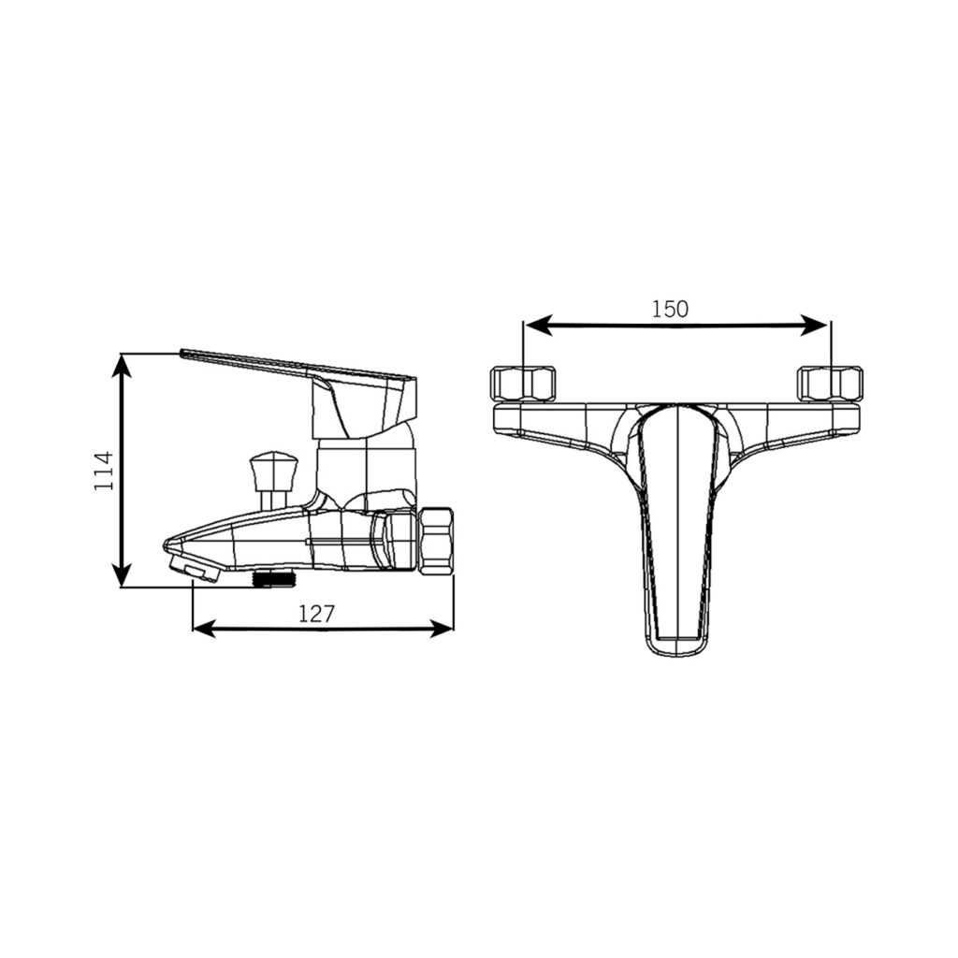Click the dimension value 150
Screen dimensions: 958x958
tap(670, 309)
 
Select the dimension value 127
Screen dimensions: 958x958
tap(316, 613)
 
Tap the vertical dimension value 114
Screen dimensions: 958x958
tap(104, 471)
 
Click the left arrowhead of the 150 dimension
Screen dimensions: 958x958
tap(539, 325)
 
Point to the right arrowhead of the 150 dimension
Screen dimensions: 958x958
tap(814, 325)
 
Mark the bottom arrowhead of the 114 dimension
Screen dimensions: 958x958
tap(123, 574)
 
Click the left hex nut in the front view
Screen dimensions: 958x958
tap(524, 384)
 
